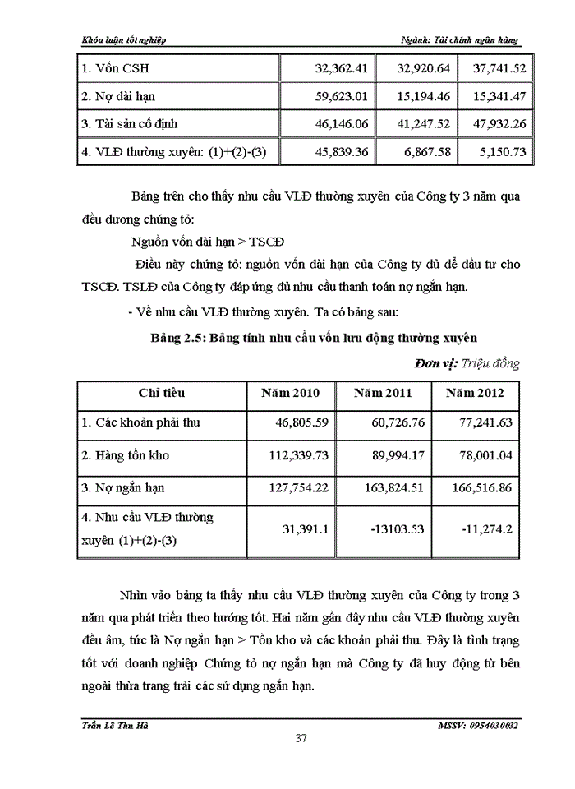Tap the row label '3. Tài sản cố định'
[x=130, y=124]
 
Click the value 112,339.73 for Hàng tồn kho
[x=292, y=455]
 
